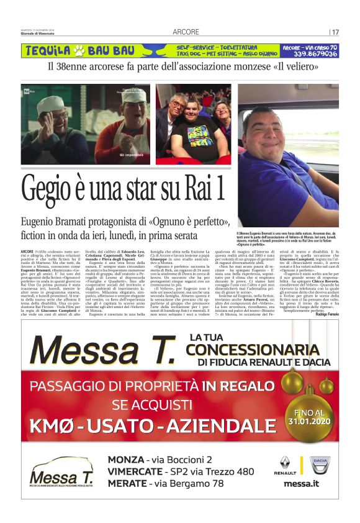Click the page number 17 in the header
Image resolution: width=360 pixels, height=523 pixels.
click(x=335, y=32)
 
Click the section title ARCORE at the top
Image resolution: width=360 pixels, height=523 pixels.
click(x=186, y=32)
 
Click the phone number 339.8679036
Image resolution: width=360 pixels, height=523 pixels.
click(x=309, y=54)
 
